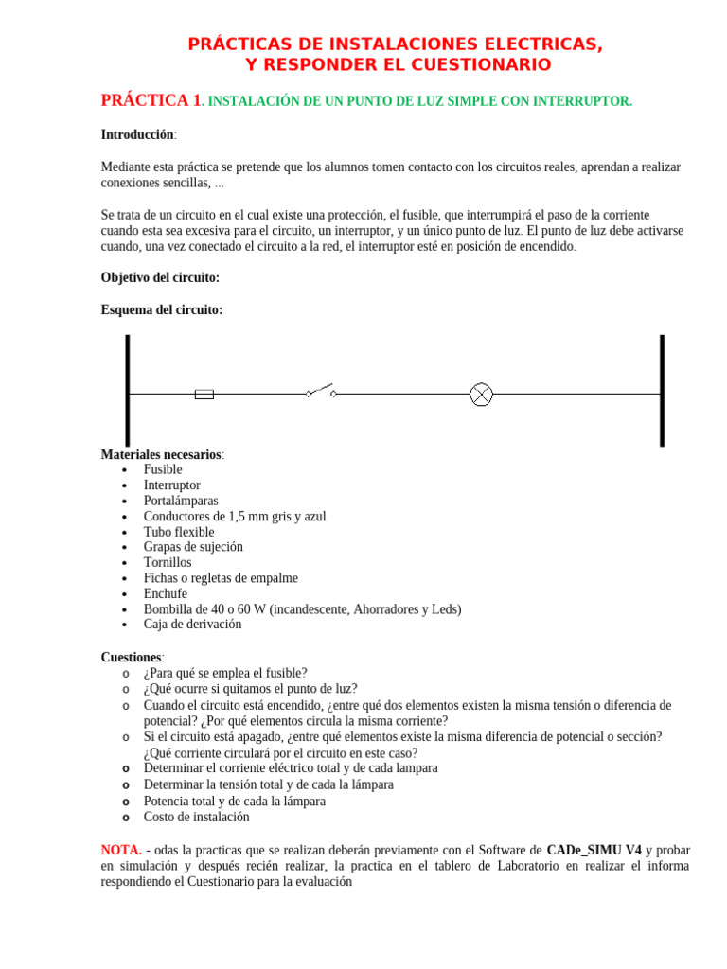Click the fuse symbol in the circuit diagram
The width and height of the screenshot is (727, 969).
point(204,394)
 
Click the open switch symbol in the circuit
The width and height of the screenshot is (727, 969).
point(321,390)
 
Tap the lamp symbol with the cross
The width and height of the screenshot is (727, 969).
point(481,395)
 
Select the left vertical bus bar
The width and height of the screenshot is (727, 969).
point(128,390)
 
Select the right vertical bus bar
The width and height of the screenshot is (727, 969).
point(662,390)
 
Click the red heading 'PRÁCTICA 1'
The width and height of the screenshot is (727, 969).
point(151,100)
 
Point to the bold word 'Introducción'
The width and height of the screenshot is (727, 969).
point(137,135)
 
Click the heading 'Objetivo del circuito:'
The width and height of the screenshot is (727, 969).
point(160,277)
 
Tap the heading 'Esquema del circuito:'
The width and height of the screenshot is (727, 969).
point(162,309)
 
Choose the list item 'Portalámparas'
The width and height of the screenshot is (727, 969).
point(181,501)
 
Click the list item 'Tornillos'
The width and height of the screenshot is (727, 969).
point(168,562)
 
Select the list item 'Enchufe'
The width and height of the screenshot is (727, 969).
point(166,593)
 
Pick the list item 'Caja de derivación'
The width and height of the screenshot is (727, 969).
point(192,625)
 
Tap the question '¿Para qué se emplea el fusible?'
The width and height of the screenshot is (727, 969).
point(225,673)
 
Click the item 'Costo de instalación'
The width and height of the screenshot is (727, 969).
point(197,817)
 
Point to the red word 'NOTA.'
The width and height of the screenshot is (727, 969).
point(121,850)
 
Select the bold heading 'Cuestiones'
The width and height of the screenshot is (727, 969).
point(132,657)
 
